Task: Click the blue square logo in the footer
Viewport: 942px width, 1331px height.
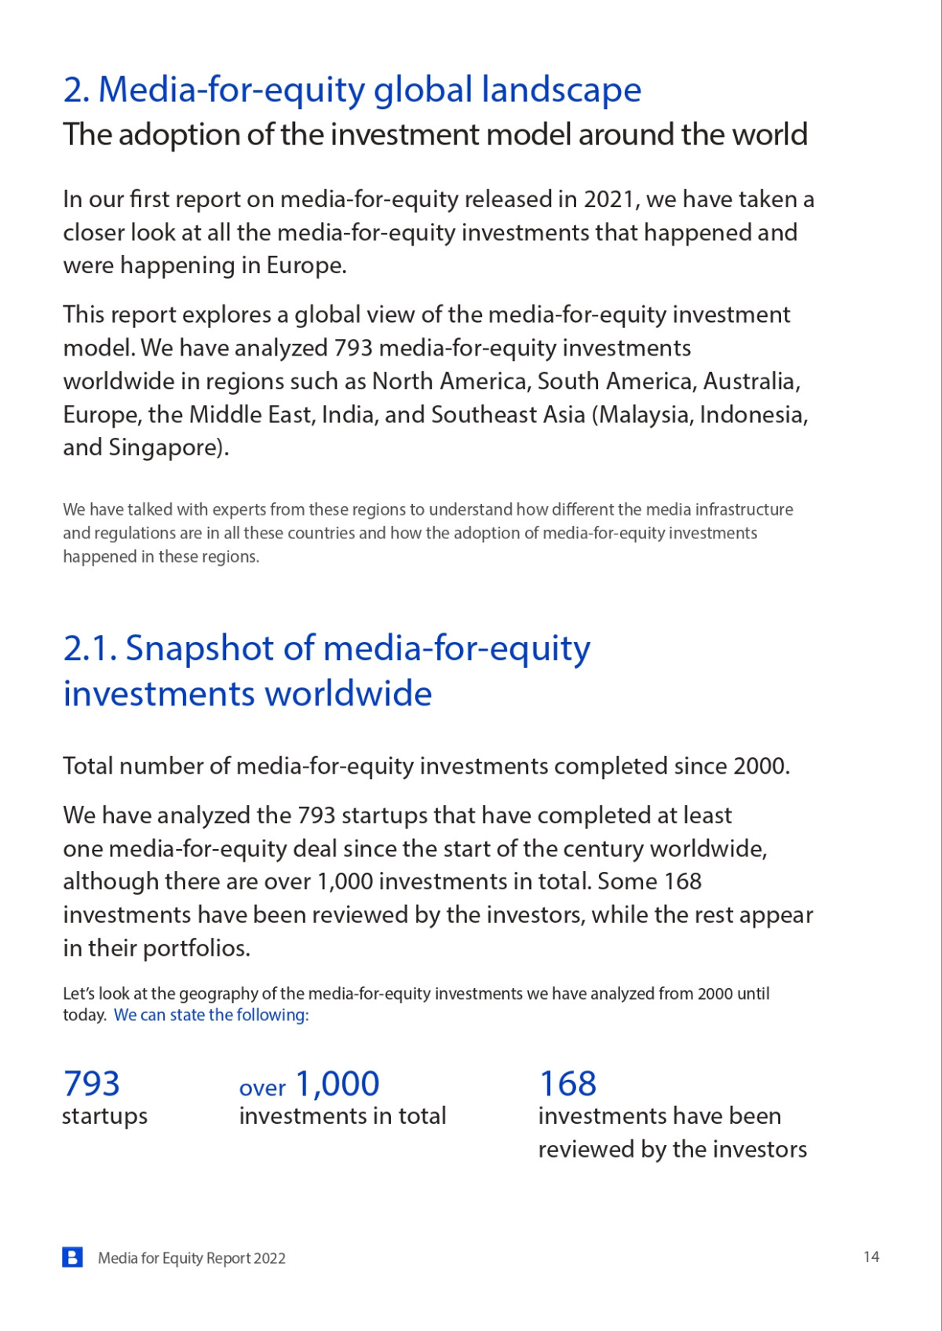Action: coord(72,1257)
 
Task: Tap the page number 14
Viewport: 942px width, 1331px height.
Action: coord(871,1256)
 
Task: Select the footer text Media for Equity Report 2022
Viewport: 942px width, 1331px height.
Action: coord(192,1258)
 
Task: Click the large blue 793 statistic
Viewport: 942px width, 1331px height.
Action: coord(91,1084)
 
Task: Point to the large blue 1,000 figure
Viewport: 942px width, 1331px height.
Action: coord(338,1084)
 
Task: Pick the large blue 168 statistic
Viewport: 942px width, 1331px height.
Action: coord(568,1084)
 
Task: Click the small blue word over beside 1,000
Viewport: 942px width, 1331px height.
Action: coord(262,1088)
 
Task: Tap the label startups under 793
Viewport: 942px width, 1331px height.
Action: coord(104,1116)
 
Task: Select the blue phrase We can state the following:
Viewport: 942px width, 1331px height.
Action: coord(211,1015)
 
